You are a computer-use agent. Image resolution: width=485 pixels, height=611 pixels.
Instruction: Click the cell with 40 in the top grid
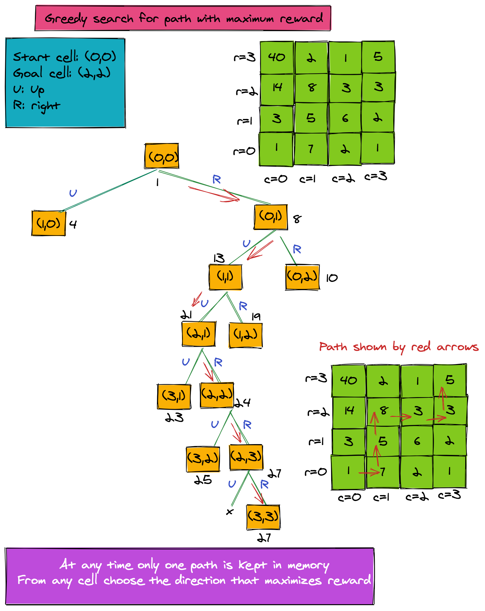coord(277,57)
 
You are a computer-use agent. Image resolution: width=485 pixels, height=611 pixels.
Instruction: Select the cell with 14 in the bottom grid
coord(349,411)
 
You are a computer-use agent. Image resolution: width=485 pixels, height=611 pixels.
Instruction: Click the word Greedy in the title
coord(66,19)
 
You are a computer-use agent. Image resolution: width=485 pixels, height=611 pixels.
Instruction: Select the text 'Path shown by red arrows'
coord(399,347)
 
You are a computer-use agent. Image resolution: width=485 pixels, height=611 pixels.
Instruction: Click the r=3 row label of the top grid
coord(245,57)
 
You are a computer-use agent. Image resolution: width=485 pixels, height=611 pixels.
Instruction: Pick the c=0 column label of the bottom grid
coord(349,497)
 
